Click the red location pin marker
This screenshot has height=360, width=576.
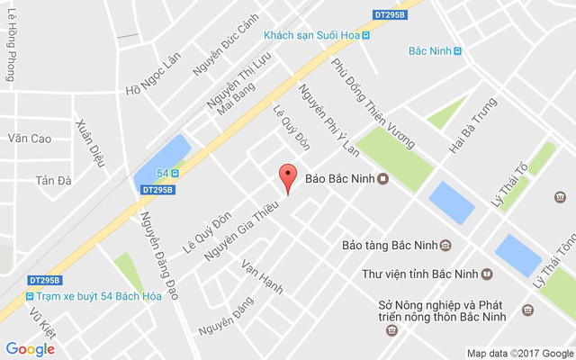click(x=287, y=178)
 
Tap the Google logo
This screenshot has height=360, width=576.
click(x=30, y=349)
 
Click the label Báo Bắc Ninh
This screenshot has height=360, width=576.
click(x=339, y=178)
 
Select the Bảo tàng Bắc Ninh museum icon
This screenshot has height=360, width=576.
click(x=445, y=245)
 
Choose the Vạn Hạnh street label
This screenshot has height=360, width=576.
click(x=262, y=276)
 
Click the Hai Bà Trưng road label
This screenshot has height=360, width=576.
click(x=472, y=125)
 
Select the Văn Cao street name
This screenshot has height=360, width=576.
click(x=30, y=139)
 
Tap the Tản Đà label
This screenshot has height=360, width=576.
click(x=53, y=180)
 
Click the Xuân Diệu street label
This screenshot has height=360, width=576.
click(x=91, y=143)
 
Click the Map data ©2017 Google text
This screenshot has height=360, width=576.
click(x=519, y=353)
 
